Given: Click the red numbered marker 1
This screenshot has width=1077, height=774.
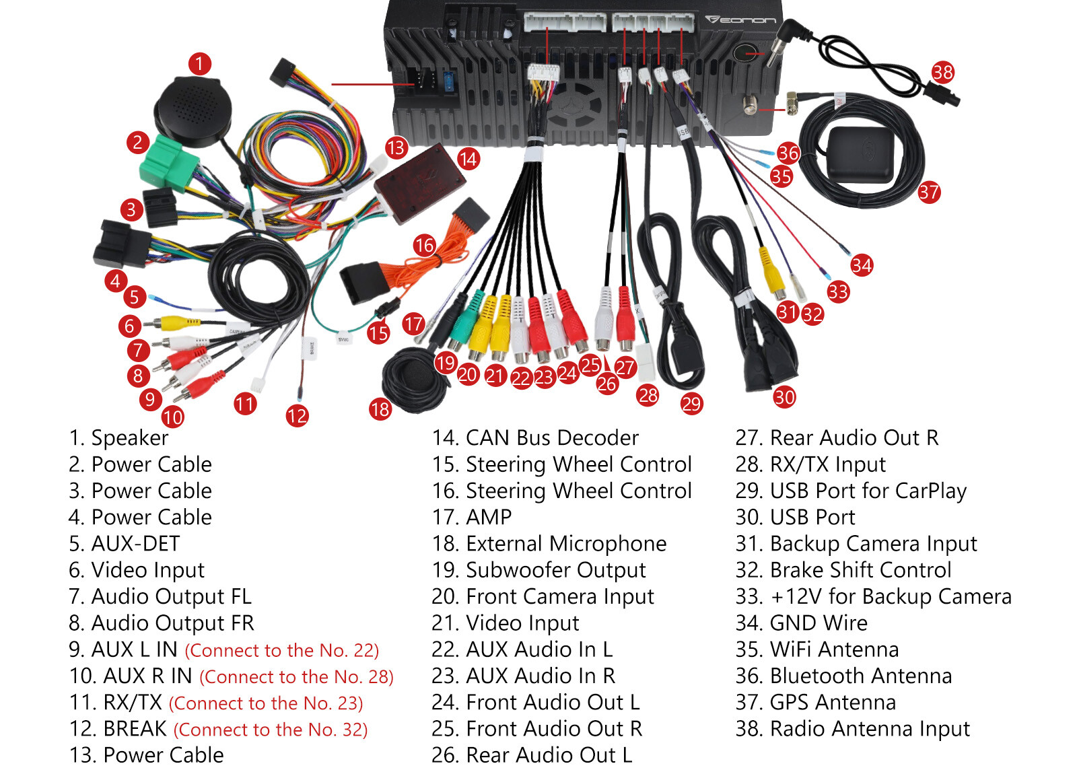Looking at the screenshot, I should pyautogui.click(x=199, y=64).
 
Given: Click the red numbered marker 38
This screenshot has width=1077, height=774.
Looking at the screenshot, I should pyautogui.click(x=942, y=72).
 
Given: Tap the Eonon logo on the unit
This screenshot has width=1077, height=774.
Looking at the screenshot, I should pyautogui.click(x=740, y=20).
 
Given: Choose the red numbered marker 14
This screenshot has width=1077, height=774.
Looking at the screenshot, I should pyautogui.click(x=468, y=159).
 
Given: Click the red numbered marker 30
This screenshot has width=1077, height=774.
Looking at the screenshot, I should pyautogui.click(x=784, y=397).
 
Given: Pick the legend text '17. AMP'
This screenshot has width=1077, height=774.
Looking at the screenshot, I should pyautogui.click(x=472, y=517).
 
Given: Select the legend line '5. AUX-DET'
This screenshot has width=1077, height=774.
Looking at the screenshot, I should pyautogui.click(x=125, y=543).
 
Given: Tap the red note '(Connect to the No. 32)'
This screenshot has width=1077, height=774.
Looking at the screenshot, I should pyautogui.click(x=271, y=730).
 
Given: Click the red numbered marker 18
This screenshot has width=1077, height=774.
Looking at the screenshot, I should pyautogui.click(x=380, y=409).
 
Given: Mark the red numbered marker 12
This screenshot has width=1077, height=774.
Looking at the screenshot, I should pyautogui.click(x=297, y=415).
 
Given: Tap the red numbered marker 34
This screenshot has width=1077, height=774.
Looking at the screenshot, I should pyautogui.click(x=862, y=265).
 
